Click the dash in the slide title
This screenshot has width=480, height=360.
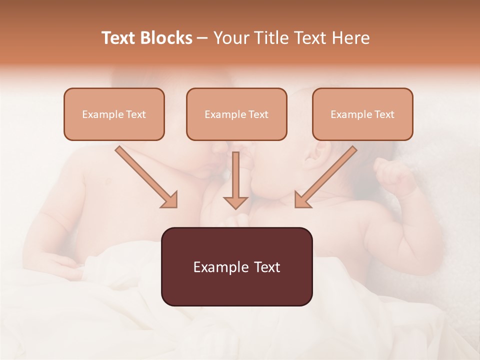click(x=202, y=38)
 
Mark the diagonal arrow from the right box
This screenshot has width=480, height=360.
click(x=325, y=177)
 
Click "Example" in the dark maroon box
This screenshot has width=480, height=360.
click(x=218, y=267)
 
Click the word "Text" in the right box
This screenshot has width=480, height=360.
click(x=384, y=114)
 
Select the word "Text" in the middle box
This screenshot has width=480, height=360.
click(x=258, y=114)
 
